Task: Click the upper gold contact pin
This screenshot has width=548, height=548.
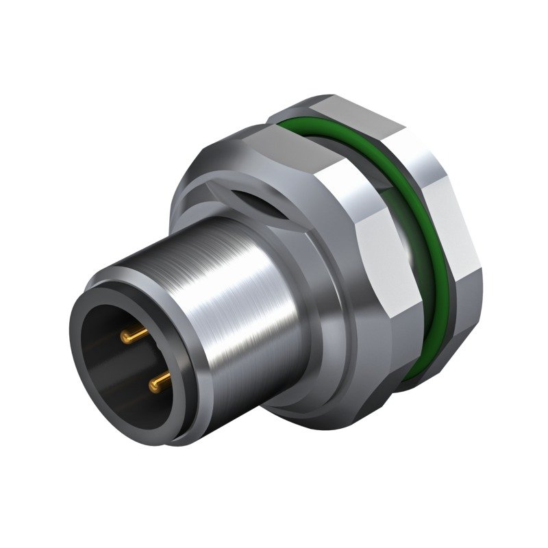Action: point(134,336)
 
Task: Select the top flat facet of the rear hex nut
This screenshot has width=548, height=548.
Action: point(342,110)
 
